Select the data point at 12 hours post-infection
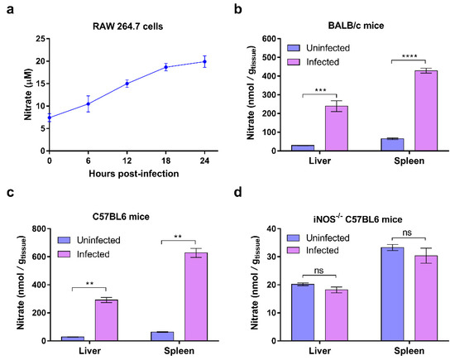click(x=127, y=84)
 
